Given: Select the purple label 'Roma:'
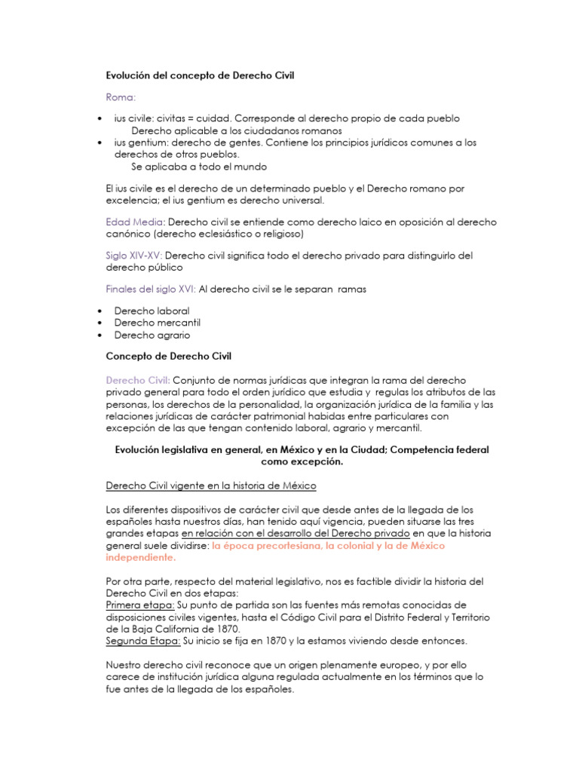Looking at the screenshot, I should pos(121,97).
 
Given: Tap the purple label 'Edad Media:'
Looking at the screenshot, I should pos(135,222).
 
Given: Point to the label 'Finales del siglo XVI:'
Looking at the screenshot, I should pos(151,289).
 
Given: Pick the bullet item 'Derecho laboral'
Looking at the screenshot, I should pos(152,311).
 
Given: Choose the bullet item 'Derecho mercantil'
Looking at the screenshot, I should pos(156,323).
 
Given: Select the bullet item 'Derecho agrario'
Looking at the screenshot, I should pos(152,335).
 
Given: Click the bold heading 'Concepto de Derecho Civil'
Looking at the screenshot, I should pos(170,355).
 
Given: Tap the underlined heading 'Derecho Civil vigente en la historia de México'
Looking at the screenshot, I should pos(210,485).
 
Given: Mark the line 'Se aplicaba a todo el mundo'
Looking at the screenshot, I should pos(199,167).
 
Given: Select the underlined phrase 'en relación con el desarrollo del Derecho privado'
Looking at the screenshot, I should pos(295,533).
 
